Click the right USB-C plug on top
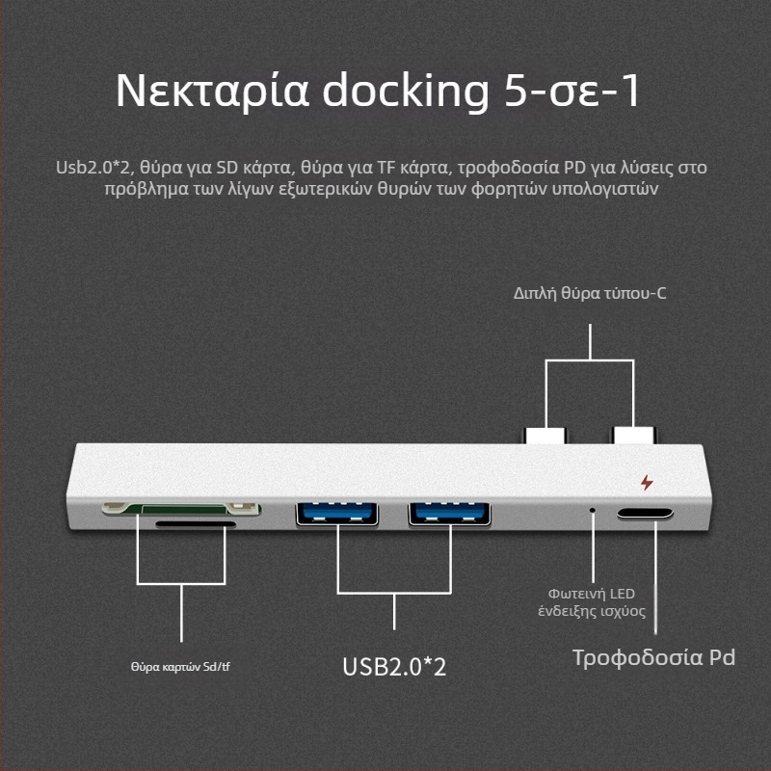click(x=632, y=435)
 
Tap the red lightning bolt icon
click(x=646, y=483)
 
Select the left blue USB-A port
click(x=336, y=514)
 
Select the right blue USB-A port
click(x=450, y=514)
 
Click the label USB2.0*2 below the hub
click(x=394, y=667)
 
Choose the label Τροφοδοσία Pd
click(x=653, y=658)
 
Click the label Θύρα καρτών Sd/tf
click(x=180, y=666)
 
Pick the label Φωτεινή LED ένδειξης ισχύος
click(x=592, y=601)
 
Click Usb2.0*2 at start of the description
click(x=92, y=168)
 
